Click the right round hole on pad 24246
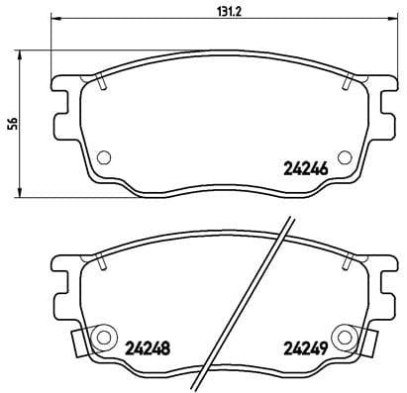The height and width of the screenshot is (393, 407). (x=344, y=156)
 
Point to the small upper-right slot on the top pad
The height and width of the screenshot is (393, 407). (x=346, y=83)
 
